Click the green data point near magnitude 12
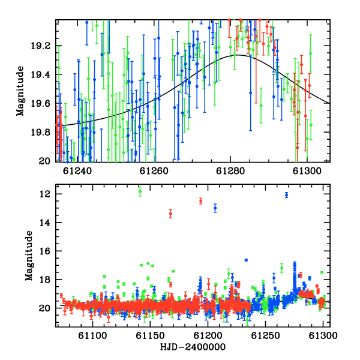pos(140,191)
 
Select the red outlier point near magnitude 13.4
pos(170,214)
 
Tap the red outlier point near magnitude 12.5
pos(201,201)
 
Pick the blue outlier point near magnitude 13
pos(215,208)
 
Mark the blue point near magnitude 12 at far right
pos(287,195)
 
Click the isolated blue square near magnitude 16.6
pos(246,260)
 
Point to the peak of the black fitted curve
pos(238,55)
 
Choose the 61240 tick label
pos(77,171)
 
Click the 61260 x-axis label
pos(154,171)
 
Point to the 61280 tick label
pos(230,171)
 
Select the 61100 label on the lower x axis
pos(92,335)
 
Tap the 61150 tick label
pos(150,335)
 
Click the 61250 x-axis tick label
pos(266,335)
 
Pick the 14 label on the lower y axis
pos(45,223)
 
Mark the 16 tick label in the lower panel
pos(45,251)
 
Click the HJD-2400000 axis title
pos(193,347)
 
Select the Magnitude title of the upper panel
pos(20,91)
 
